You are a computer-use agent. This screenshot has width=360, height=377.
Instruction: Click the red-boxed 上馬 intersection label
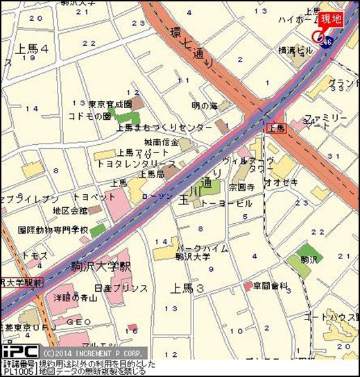(x=276, y=128)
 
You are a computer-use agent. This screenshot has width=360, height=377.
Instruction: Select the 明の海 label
(x=204, y=105)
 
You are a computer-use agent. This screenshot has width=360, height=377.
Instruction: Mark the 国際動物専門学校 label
(x=53, y=229)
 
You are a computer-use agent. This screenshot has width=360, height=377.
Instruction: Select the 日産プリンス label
(x=121, y=288)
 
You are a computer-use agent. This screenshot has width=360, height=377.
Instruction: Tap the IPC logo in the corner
(x=19, y=351)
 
